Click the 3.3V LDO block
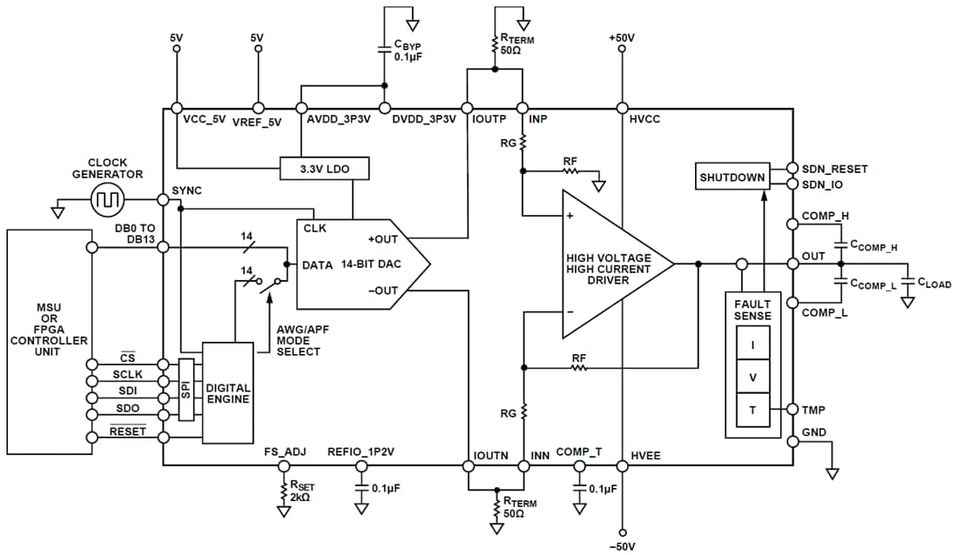click(x=324, y=169)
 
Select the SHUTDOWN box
click(x=732, y=177)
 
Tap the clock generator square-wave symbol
click(x=109, y=202)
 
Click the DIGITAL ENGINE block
click(x=228, y=394)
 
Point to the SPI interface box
click(x=186, y=389)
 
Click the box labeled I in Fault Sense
click(x=752, y=344)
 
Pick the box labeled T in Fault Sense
click(x=752, y=410)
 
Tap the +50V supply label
click(x=622, y=39)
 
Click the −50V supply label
click(x=622, y=545)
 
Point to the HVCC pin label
click(x=645, y=120)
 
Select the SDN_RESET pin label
click(x=834, y=167)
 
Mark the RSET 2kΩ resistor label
click(x=303, y=492)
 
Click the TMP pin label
click(x=813, y=409)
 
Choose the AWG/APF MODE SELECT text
click(x=298, y=340)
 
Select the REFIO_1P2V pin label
click(x=361, y=452)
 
